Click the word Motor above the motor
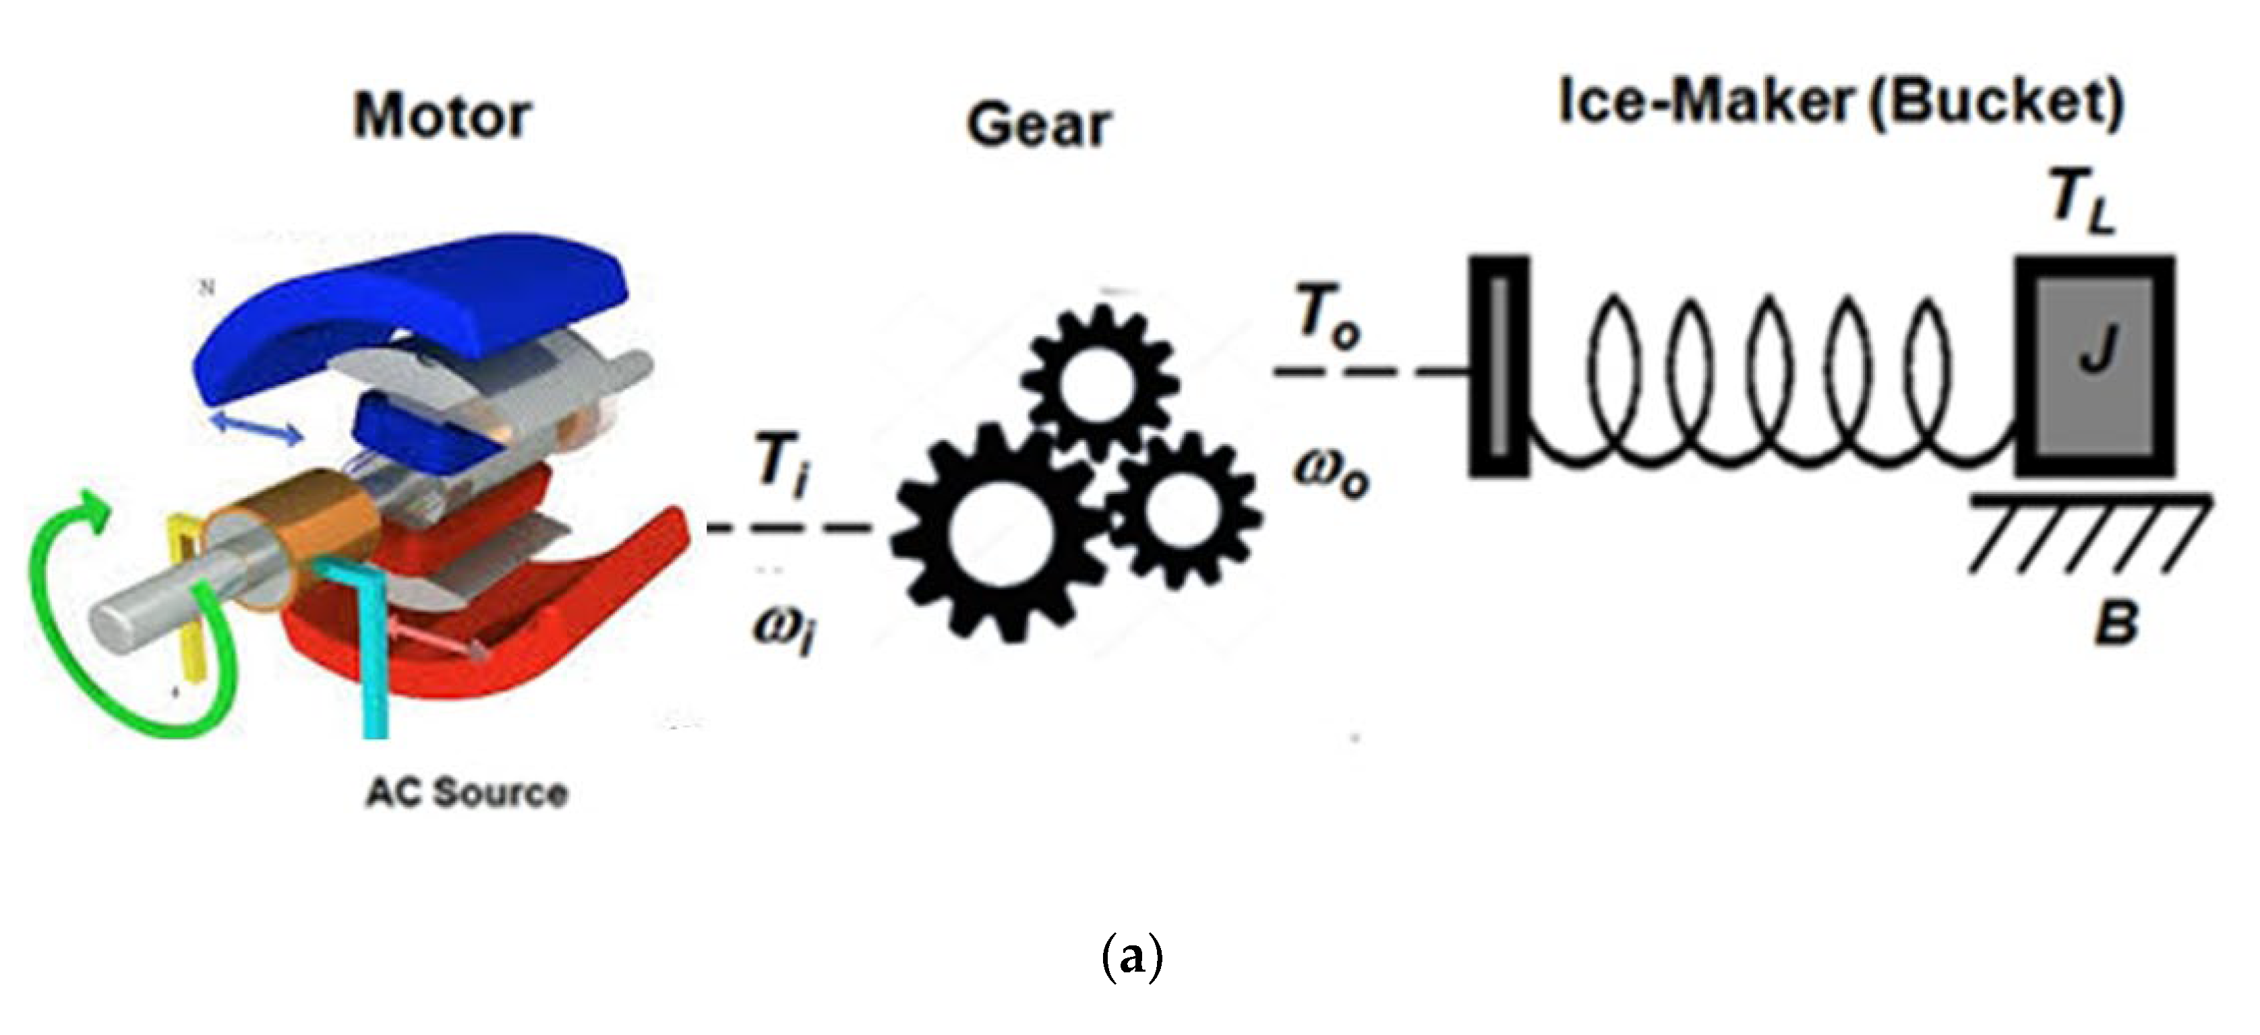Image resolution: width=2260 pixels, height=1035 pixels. click(442, 116)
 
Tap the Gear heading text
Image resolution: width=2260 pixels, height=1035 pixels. click(1039, 125)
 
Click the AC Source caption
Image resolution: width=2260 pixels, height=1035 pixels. click(467, 793)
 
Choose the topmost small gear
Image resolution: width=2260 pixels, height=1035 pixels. click(1099, 369)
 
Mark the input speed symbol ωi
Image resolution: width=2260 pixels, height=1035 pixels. click(783, 628)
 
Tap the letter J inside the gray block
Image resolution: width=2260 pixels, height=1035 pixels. click(2097, 347)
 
